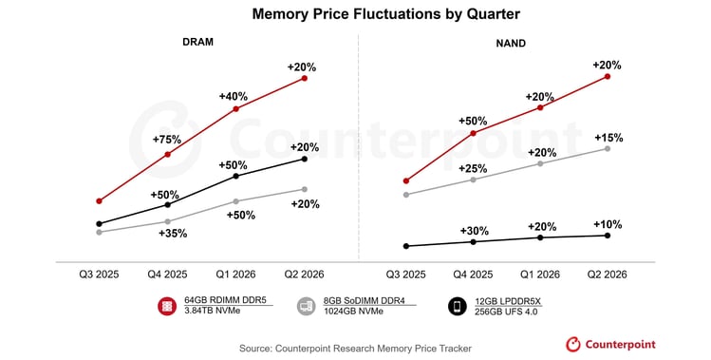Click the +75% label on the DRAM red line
pos(168,139)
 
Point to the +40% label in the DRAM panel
pos(234,96)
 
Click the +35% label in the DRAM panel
pos(173,233)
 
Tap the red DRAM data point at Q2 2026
pos(305,78)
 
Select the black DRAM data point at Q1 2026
pos(235,176)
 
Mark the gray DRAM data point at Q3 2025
pos(99,232)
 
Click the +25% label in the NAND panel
pos(474,168)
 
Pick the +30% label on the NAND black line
pos(474,231)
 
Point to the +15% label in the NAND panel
pos(608,138)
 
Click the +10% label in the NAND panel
pos(608,224)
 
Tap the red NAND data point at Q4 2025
pos(473,133)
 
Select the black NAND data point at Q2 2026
pos(608,236)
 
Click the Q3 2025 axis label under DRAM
pos(99,274)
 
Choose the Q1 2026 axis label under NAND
pos(541,274)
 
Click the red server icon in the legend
pos(167,306)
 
